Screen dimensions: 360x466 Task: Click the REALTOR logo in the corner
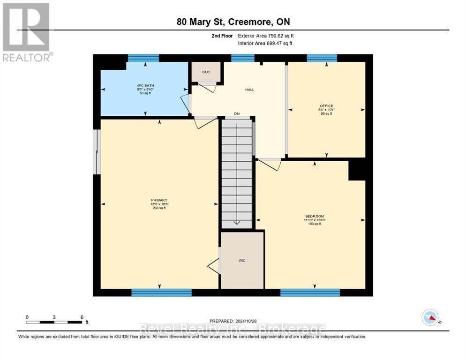click(x=26, y=32)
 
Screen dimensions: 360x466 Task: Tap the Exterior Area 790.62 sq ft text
click(x=266, y=36)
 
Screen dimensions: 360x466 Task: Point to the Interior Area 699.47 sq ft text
click(x=266, y=43)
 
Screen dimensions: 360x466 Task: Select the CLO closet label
click(x=206, y=72)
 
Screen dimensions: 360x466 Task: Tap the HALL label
click(x=249, y=90)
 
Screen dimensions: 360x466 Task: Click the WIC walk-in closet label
click(x=242, y=260)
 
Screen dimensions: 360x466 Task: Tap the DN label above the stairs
click(x=237, y=113)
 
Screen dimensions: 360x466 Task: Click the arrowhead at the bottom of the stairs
click(x=237, y=223)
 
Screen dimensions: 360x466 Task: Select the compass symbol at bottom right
click(x=430, y=317)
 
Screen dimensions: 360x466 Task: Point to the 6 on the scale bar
click(x=82, y=317)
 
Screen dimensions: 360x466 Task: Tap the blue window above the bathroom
click(x=143, y=58)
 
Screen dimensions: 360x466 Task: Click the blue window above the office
click(x=322, y=58)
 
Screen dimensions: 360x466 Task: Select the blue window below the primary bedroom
click(x=161, y=292)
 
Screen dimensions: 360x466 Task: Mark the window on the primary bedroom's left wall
click(x=96, y=152)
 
